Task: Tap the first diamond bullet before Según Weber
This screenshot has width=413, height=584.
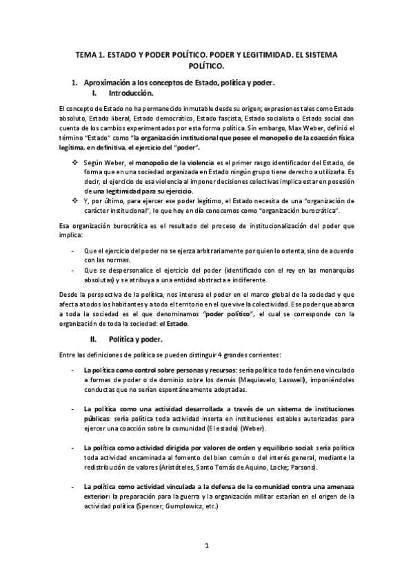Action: (x=75, y=162)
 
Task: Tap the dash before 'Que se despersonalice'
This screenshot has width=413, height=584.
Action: (x=73, y=269)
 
